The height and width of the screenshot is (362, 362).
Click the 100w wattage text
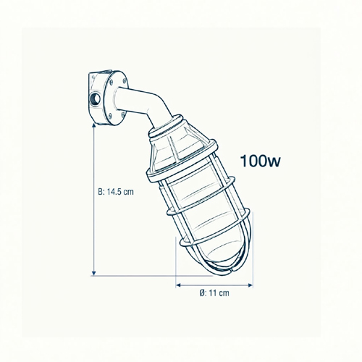click(261, 161)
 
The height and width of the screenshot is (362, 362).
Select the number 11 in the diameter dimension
click(212, 293)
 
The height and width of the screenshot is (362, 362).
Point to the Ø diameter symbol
click(202, 293)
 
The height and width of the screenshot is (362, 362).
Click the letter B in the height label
click(100, 192)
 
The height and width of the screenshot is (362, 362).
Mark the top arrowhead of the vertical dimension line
click(94, 126)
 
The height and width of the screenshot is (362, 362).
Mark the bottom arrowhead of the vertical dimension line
click(94, 273)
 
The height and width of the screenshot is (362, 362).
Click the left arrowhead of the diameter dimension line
click(178, 285)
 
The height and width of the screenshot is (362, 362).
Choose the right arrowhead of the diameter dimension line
click(250, 285)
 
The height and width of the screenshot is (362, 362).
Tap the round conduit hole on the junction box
click(95, 98)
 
